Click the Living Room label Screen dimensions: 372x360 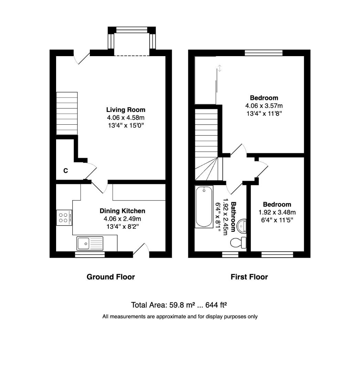coord(126,110)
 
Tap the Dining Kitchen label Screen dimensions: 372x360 coord(122,211)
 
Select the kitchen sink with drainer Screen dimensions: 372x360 coord(90,243)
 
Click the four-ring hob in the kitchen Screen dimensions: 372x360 coord(64,218)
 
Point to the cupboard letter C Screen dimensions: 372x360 coord(65,170)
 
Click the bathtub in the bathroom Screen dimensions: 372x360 coord(204,207)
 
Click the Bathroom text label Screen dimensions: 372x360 coord(233,216)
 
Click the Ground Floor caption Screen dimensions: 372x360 coord(110,277)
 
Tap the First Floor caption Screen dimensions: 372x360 coord(249,277)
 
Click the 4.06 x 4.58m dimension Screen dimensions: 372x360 coord(126,118)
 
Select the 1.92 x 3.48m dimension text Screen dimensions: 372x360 coord(277,212)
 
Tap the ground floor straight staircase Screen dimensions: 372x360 coord(67,113)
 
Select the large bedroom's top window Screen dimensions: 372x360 coord(264,53)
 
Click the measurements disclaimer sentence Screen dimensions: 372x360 coord(180,316)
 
